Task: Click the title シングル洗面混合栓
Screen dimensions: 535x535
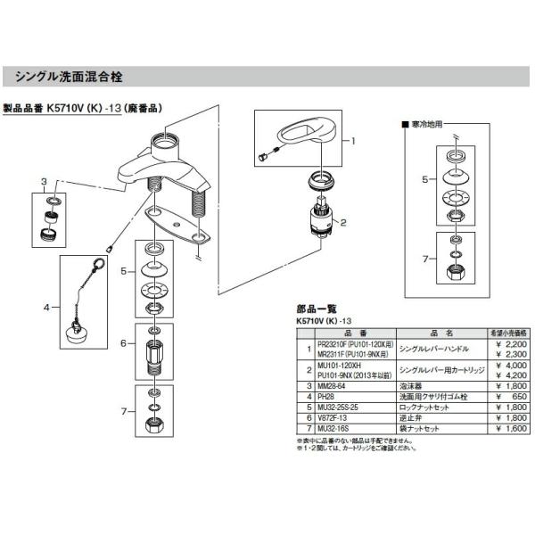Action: [76, 75]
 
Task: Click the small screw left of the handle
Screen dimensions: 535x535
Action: [261, 157]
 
